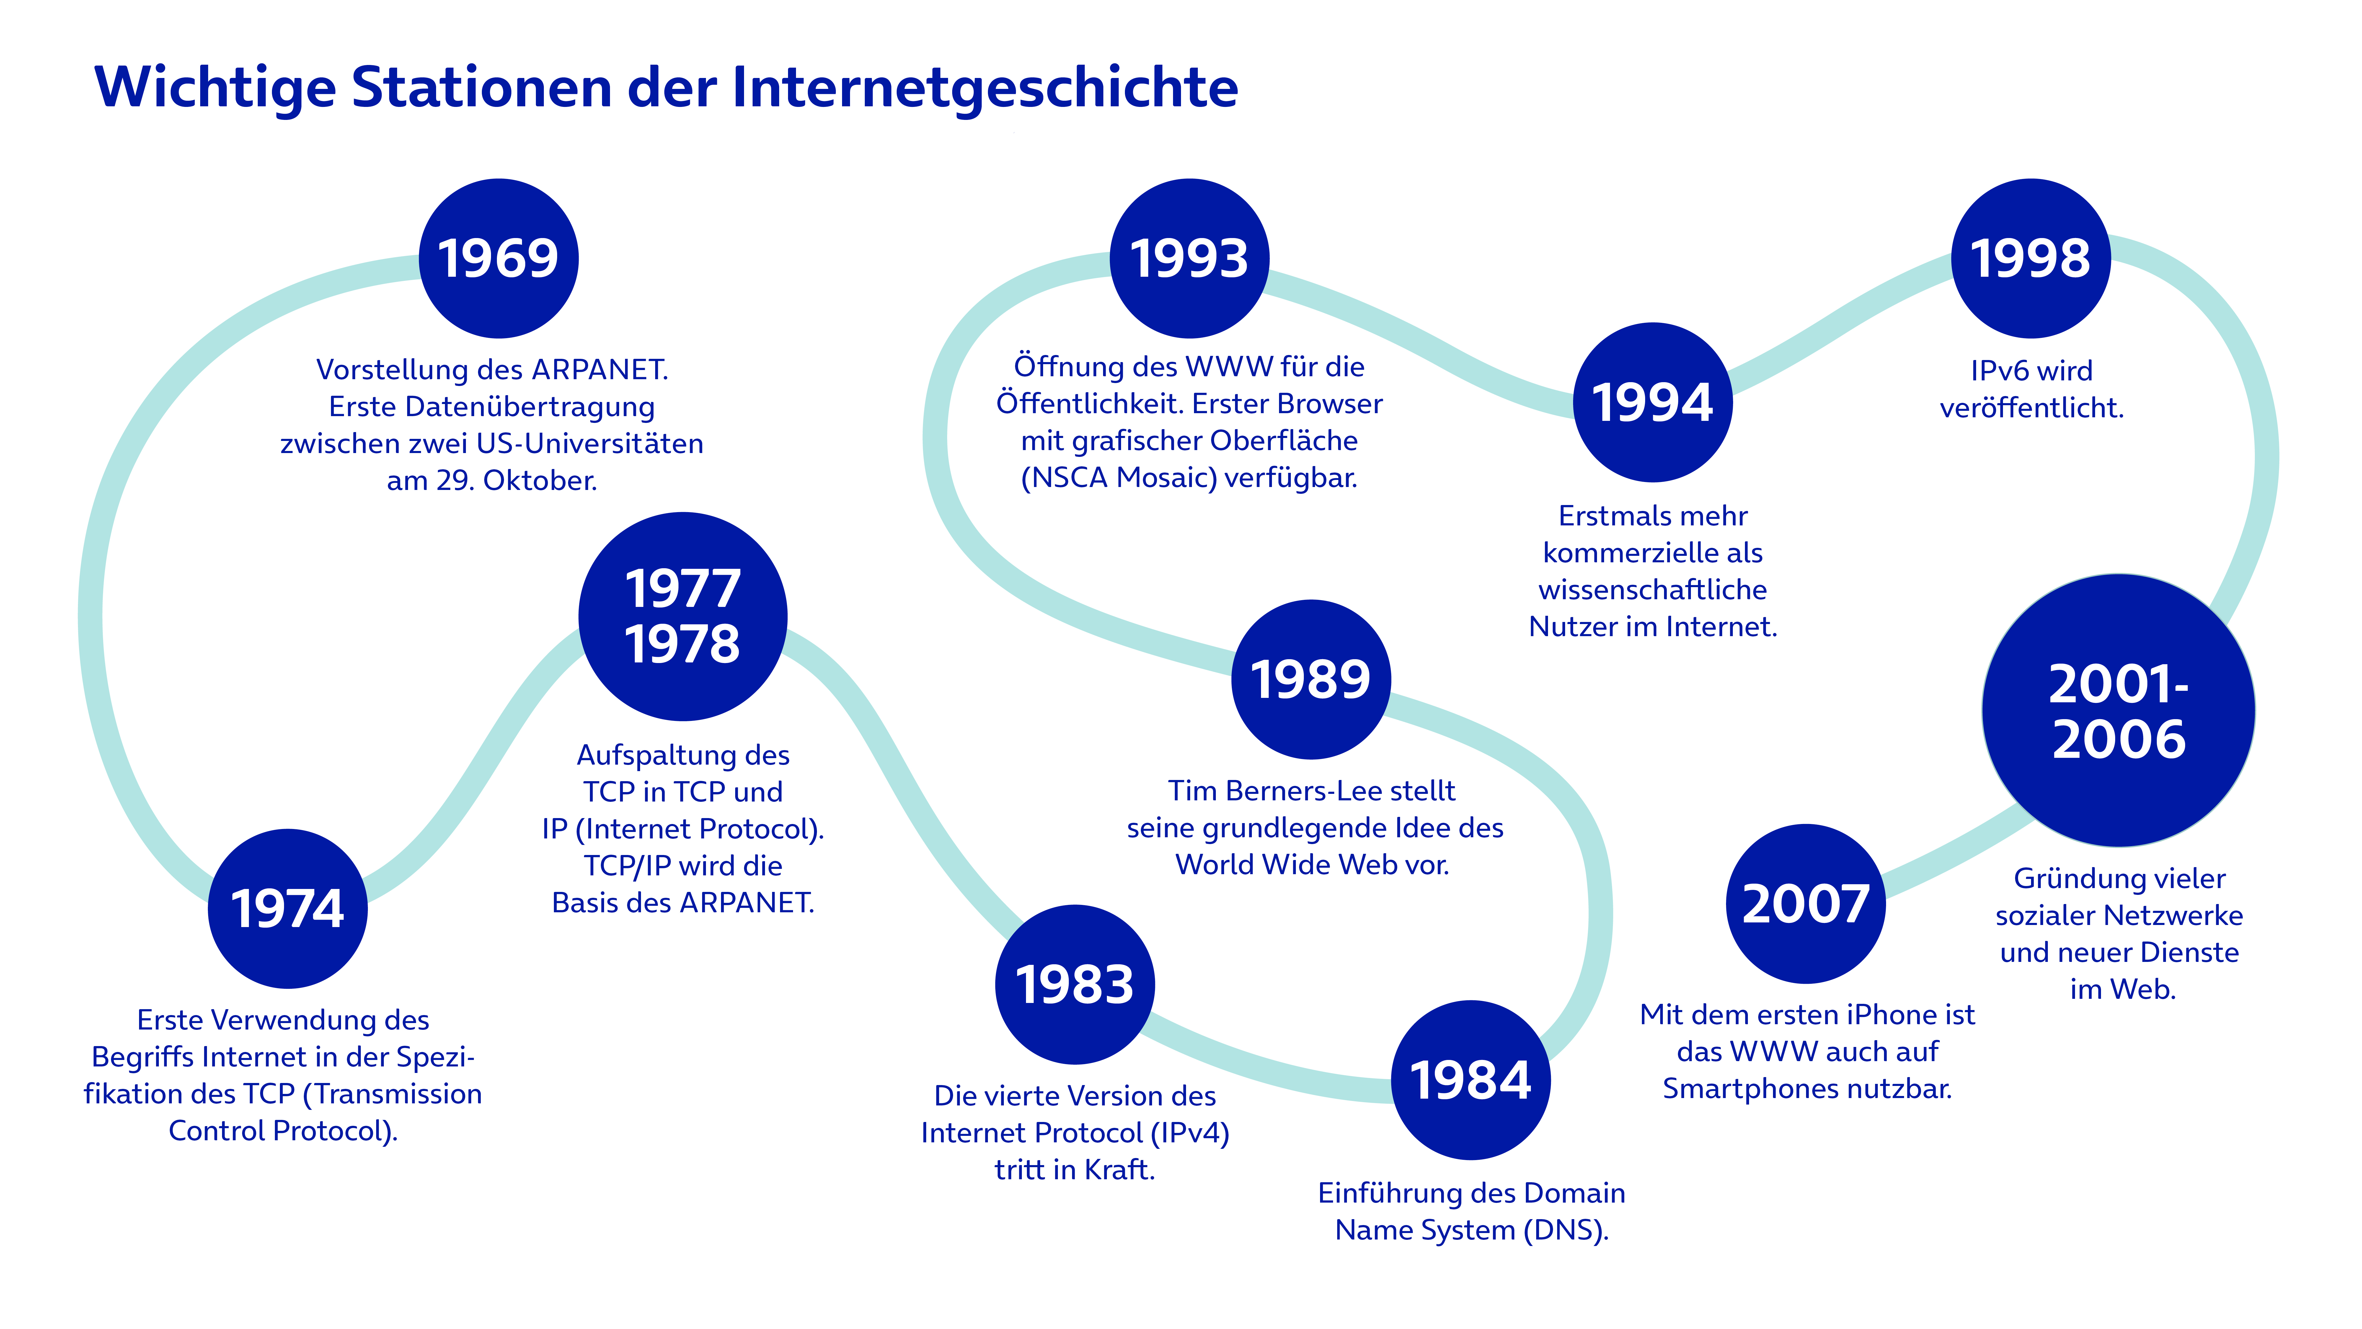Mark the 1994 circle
point(1652,402)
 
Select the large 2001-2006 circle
point(2118,711)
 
